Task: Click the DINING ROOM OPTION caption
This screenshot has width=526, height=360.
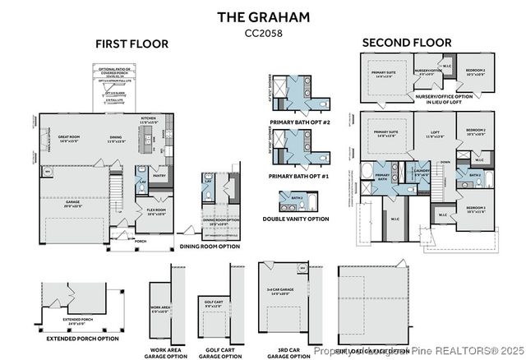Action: click(210, 246)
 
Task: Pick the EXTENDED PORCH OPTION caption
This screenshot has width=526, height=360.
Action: click(82, 338)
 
